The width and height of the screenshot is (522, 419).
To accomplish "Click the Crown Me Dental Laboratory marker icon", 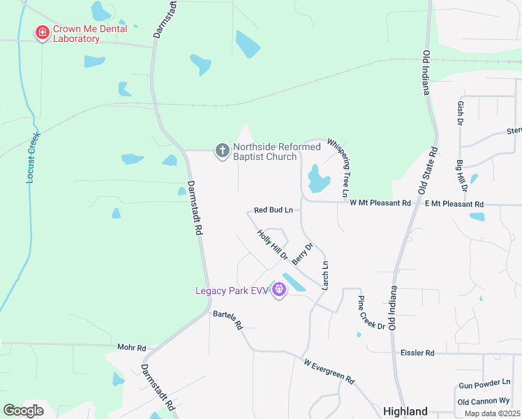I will pos(42,32).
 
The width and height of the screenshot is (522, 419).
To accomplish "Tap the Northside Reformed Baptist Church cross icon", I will pos(222,150).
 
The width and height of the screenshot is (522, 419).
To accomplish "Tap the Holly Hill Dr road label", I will pos(272,244).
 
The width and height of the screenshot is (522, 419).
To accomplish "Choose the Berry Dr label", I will pos(302,253).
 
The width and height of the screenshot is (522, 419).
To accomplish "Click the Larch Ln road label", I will pos(325,275).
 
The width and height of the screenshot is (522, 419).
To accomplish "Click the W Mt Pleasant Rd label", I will pos(380,203).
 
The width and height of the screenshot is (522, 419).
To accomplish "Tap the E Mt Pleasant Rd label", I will pos(454,204).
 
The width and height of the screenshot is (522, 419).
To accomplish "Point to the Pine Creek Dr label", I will pos(371,312).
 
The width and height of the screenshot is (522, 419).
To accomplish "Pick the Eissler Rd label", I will pos(417,353).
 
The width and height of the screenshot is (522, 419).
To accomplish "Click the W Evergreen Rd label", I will pos(329,372).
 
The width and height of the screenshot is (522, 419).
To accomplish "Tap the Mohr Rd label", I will pos(131,347).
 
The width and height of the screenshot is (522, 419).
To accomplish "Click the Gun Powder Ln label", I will pos(484,385).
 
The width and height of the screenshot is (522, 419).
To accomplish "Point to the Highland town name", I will pos(405,411).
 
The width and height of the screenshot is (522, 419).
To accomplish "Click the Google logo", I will pos(23,411).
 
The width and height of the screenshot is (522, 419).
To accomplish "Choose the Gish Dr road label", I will pos(460,112).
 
